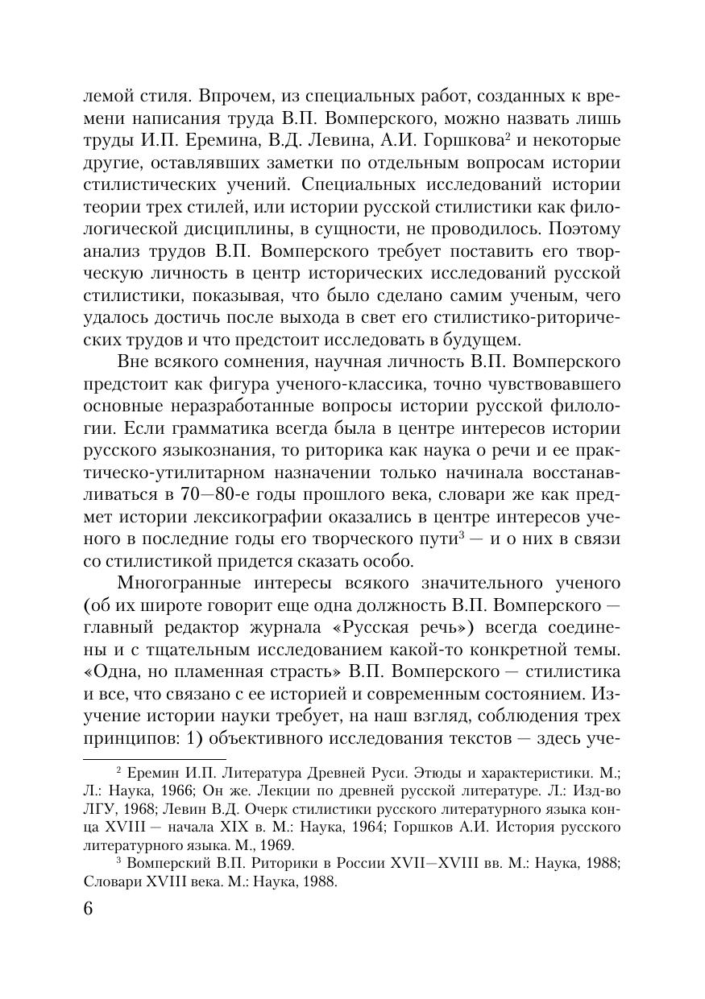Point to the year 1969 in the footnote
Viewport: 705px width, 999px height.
274,845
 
